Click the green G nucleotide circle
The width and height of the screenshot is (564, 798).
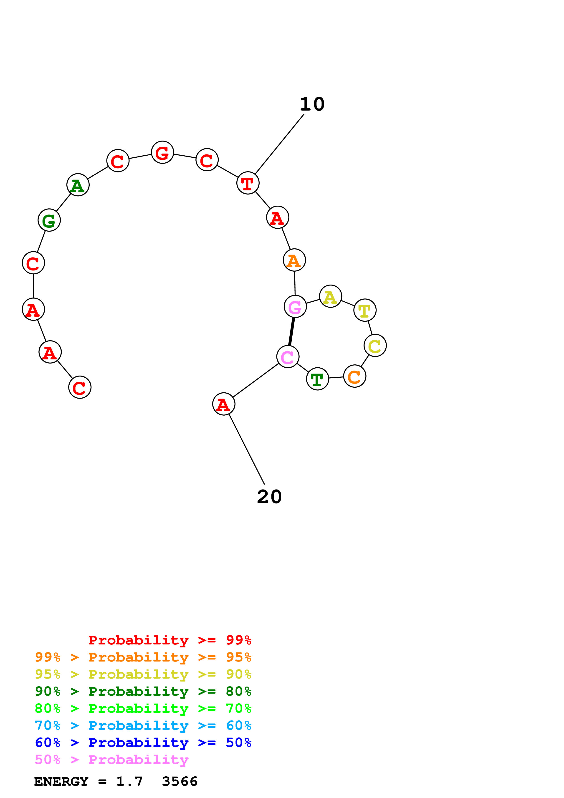tap(49, 220)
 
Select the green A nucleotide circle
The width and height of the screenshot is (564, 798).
tap(78, 185)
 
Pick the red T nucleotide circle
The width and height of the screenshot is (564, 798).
tap(248, 183)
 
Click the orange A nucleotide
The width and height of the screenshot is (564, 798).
tap(294, 260)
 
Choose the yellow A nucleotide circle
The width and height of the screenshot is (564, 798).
tap(331, 296)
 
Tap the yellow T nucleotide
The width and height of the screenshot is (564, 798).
tap(365, 310)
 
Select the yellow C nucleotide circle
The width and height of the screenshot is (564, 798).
tap(375, 346)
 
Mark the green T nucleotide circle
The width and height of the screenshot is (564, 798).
tap(317, 379)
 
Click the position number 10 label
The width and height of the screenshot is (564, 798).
tap(312, 104)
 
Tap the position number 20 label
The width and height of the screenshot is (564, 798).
tap(269, 497)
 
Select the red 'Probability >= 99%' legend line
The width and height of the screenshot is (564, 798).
tap(169, 640)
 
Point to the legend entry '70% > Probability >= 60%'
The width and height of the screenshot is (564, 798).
tap(143, 726)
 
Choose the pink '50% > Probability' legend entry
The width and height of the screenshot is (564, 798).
tap(111, 760)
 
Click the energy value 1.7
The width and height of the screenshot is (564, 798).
tap(129, 782)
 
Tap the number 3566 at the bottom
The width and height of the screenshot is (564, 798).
tap(180, 782)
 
